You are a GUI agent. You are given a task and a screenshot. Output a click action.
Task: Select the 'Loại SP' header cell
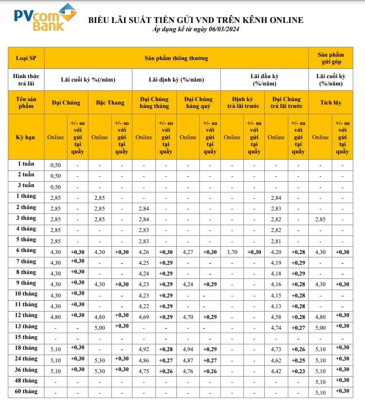click(x=26, y=58)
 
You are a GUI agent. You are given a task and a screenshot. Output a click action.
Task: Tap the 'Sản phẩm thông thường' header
click(x=176, y=58)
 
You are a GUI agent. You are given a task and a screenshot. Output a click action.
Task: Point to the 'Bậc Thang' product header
click(x=110, y=103)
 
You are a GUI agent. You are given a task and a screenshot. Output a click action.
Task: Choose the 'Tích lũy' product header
click(x=330, y=103)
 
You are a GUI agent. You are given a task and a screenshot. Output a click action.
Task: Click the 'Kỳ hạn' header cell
click(x=26, y=137)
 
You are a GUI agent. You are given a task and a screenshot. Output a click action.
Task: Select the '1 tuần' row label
click(x=26, y=164)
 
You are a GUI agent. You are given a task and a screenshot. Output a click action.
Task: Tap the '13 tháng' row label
click(x=26, y=326)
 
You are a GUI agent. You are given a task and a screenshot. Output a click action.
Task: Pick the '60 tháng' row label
click(x=26, y=392)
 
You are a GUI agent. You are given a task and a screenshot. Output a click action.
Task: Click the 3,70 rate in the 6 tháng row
click(x=232, y=252)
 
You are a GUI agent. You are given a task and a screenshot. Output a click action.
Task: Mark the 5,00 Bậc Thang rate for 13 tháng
click(x=100, y=327)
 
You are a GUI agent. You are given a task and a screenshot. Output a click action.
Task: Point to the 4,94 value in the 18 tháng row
click(x=188, y=349)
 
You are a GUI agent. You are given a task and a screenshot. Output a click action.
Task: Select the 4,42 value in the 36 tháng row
click(x=276, y=371)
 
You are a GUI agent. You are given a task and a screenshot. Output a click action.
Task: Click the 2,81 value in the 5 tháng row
click(x=276, y=241)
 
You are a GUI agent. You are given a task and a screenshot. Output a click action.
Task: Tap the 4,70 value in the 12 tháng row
click(x=188, y=316)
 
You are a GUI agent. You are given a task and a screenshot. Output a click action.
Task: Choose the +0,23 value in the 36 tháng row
click(x=298, y=371)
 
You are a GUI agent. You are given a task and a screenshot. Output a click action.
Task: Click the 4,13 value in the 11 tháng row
click(x=276, y=306)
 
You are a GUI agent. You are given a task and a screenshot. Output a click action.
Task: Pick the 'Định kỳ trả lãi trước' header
click(x=242, y=103)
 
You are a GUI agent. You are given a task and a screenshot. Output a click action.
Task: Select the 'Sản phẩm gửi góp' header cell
click(x=330, y=58)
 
